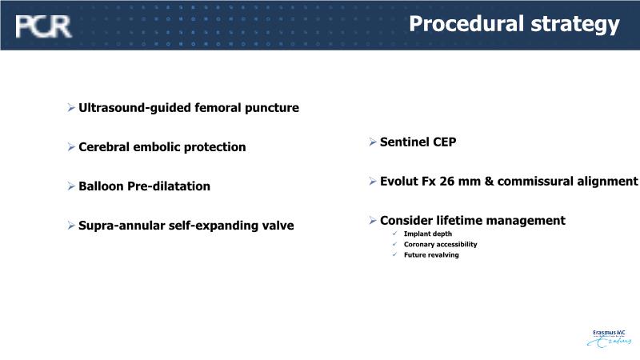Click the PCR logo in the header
tap(43, 26)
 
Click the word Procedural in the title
tap(466, 23)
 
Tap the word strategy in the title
tap(575, 25)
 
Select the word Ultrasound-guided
tap(134, 108)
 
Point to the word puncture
tap(272, 108)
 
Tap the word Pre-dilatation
tap(169, 186)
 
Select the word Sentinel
tap(405, 142)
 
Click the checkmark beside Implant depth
tap(394, 234)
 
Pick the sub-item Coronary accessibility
tap(441, 244)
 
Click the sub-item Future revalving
tap(431, 254)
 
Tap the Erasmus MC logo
tap(609, 338)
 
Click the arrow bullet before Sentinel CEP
tap(372, 142)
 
